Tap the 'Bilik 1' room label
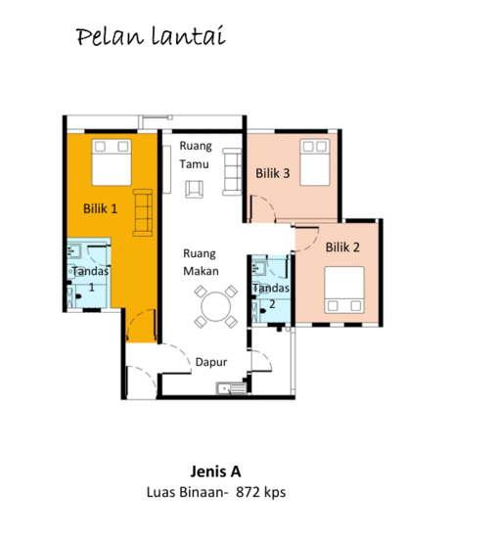pos(100,208)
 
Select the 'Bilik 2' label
pos(342,247)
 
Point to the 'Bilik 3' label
pos(273,173)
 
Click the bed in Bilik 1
pos(112,162)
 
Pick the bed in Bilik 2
pos(344,290)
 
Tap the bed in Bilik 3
pos(315,162)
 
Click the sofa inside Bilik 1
pos(143,212)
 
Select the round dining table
pos(216,307)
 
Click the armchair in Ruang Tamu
pos(195,190)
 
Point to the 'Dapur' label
pos(211,362)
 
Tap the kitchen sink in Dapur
pos(231,388)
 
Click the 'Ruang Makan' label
pos(201,262)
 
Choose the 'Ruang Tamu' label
pos(196,156)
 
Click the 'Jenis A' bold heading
pos(215,471)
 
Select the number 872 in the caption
pos(248,492)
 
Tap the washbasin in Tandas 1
pos(73,250)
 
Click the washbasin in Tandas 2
pos(258,268)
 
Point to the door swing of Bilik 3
pos(263,207)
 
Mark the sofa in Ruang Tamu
pos(232,172)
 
